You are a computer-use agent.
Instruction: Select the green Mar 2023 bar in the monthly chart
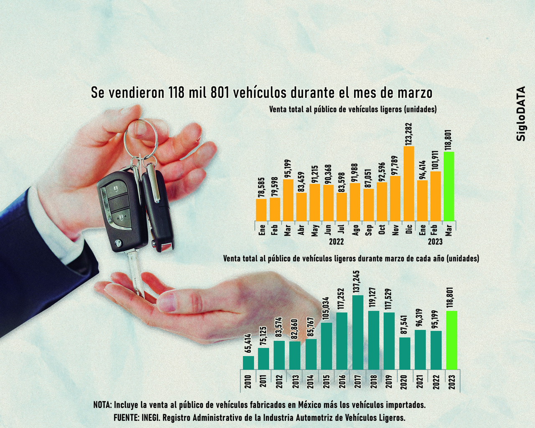(x=449, y=186)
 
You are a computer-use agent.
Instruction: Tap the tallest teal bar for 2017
(x=358, y=332)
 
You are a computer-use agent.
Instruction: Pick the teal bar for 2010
(x=248, y=362)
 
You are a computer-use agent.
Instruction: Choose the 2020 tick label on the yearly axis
(x=404, y=381)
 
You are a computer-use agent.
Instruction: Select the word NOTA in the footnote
(x=102, y=405)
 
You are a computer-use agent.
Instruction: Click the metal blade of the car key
(x=135, y=272)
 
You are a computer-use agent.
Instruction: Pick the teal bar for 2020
(x=405, y=353)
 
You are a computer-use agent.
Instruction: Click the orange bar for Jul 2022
(x=342, y=206)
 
